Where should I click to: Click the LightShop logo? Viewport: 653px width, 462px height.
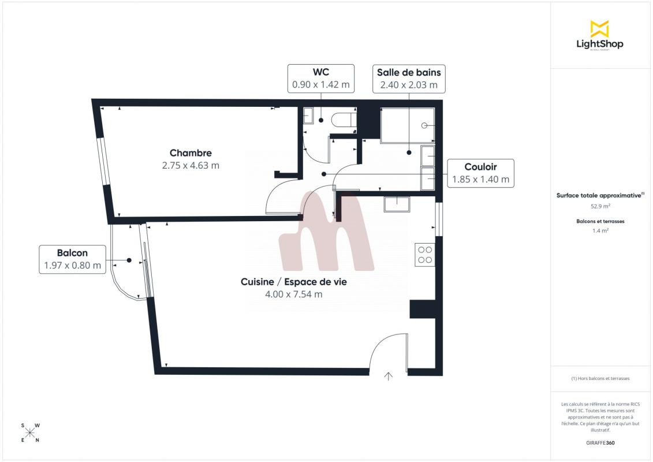coord(600,35)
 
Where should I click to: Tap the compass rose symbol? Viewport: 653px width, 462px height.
coord(30,433)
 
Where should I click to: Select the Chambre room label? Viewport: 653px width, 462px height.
coord(191,153)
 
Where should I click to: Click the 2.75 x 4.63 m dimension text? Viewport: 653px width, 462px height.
coord(191,165)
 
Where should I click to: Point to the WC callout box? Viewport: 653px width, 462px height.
coord(320,79)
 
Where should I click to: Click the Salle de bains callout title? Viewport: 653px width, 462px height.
coord(409,73)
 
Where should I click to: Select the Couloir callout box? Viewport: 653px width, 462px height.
coord(480,173)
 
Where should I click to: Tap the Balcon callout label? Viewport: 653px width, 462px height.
coord(73,253)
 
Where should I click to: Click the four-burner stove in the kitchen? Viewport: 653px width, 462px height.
coord(425,255)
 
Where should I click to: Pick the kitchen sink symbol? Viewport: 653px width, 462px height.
coord(397,204)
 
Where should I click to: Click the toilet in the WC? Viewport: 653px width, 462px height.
coord(344,120)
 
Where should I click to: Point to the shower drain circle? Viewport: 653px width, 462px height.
coord(424,125)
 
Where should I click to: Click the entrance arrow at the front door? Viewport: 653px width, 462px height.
coord(388,377)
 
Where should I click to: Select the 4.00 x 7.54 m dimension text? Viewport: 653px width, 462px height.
coord(294,294)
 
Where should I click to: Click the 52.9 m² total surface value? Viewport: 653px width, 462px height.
coord(600,206)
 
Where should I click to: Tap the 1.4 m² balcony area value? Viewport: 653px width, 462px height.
coord(600,230)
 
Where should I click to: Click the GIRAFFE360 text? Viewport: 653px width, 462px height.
coord(600,443)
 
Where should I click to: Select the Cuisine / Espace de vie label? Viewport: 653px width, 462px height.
coord(294,282)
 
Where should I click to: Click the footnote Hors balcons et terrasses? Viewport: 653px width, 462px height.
coord(600,379)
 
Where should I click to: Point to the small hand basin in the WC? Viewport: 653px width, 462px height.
coord(308,116)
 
